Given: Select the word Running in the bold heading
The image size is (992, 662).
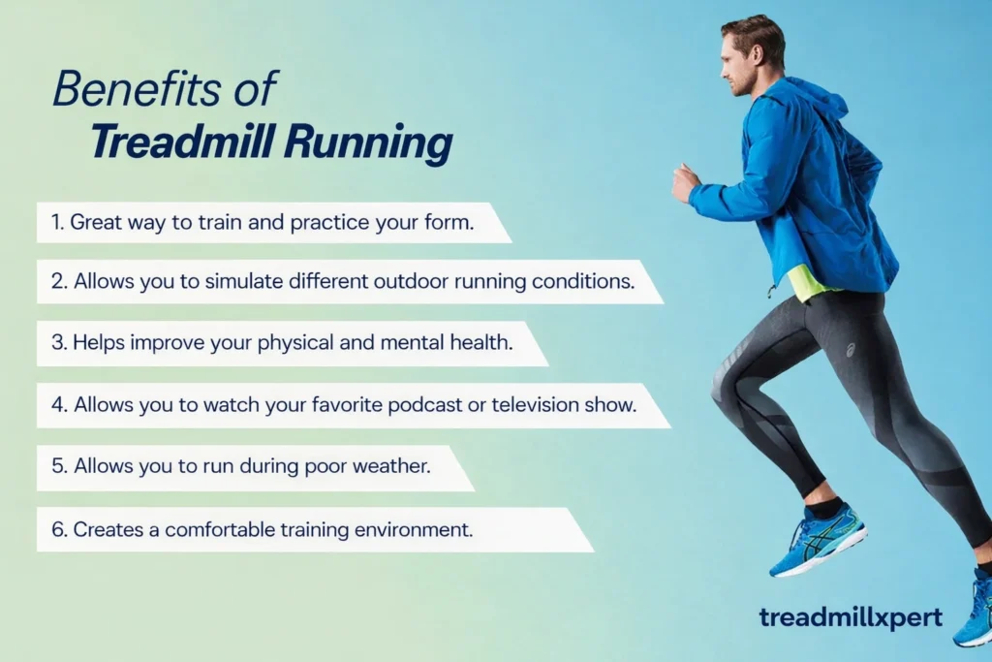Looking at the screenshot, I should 367,143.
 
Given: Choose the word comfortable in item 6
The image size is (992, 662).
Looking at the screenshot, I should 222,529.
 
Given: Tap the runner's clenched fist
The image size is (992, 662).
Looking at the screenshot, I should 685,182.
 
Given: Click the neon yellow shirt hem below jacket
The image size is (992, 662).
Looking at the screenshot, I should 810,282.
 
